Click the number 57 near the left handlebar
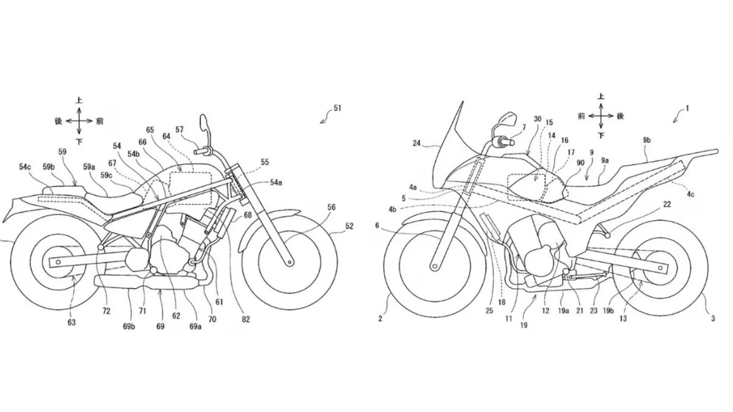(x=179, y=129)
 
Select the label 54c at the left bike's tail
(x=26, y=166)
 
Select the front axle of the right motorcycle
(x=435, y=265)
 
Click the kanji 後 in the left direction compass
(x=59, y=121)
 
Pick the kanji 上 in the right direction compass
(x=601, y=96)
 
